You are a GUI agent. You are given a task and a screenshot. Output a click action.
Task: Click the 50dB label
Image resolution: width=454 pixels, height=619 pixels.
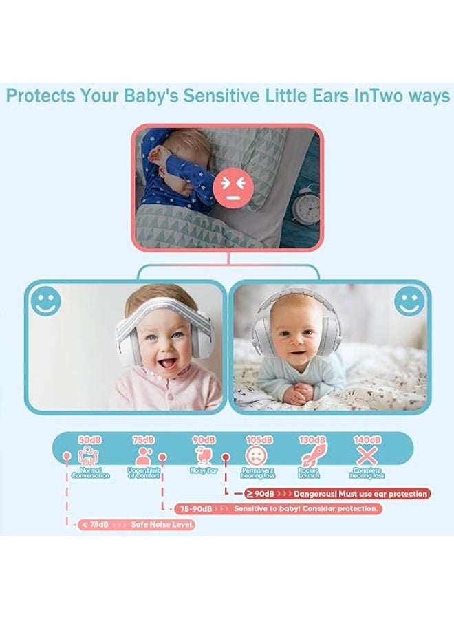[90, 439]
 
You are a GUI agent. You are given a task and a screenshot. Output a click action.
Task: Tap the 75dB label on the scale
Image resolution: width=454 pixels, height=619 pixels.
[143, 439]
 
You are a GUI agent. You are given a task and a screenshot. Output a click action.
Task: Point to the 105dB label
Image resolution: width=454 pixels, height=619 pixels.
[259, 439]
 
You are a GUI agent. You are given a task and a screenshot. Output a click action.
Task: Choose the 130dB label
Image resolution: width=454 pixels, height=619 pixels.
[312, 439]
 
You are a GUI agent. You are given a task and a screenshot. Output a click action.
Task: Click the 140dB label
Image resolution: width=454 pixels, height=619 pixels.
[366, 439]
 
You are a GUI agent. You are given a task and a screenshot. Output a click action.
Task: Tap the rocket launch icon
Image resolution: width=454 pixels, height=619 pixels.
[312, 455]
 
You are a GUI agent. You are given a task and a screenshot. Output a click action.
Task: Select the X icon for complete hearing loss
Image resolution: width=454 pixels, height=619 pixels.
[366, 455]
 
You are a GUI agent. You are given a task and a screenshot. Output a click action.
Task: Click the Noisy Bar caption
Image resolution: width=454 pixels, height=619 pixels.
[204, 470]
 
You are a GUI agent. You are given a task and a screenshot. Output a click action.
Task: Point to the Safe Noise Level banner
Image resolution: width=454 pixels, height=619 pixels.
[136, 525]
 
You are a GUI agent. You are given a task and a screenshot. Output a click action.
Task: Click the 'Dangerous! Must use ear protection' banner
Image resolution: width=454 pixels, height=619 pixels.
[337, 494]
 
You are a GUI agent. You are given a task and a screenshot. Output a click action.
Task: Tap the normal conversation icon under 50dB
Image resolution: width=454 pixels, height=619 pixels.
[90, 455]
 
